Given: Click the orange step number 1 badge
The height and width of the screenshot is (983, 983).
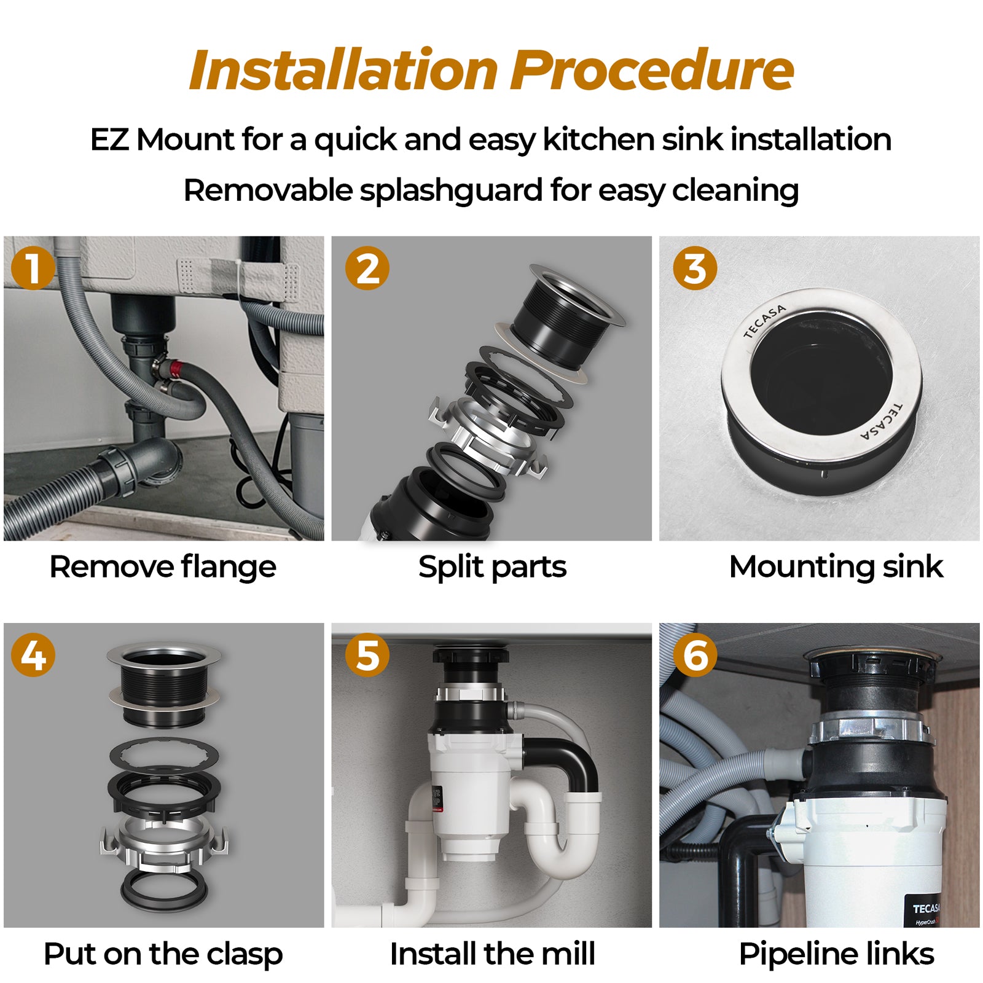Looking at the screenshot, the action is pos(33,268).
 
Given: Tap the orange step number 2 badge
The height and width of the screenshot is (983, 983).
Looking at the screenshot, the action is pos(367,268).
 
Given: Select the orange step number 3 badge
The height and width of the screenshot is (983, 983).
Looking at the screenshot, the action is pos(695,268).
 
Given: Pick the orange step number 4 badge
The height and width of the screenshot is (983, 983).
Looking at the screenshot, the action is pos(33,655).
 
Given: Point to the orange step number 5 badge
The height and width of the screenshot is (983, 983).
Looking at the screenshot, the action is pos(367,655).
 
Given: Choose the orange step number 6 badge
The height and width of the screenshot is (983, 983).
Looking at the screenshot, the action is pos(695,655).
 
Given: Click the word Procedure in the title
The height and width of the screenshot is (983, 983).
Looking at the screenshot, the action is pos(652,70).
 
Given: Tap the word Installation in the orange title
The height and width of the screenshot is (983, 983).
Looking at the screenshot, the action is pos(343,70).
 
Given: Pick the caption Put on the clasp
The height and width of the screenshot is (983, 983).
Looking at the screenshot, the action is pos(163,954).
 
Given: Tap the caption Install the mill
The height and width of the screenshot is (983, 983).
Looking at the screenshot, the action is pos(492,954).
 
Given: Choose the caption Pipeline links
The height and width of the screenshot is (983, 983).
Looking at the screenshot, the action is pos(836,954).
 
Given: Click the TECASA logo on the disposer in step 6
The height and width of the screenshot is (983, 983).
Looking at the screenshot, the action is pos(926,909).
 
